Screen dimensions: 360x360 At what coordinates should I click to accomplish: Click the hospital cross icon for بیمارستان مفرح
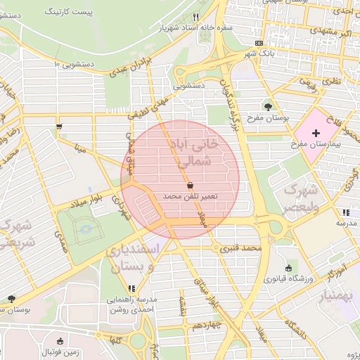click(x=316, y=133)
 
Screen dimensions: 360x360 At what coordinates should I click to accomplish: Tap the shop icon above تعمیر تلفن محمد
click(x=191, y=185)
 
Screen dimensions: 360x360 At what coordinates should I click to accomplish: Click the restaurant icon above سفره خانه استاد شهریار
click(x=196, y=17)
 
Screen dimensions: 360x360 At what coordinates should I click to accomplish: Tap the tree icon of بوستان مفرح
click(x=267, y=107)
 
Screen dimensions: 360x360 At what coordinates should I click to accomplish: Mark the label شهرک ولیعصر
click(x=301, y=198)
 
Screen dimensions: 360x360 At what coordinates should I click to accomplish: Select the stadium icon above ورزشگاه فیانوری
click(x=288, y=268)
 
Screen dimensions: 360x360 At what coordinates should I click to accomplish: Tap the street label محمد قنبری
click(x=240, y=248)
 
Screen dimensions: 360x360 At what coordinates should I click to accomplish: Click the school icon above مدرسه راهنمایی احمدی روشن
click(x=131, y=288)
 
